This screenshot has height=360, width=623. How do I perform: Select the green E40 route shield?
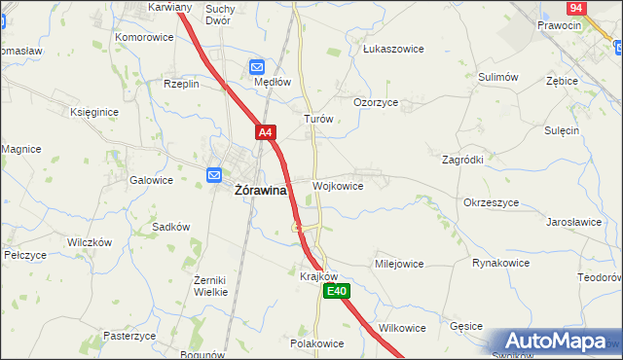tap(337, 291)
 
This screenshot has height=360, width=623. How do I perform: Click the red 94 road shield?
tap(575, 7)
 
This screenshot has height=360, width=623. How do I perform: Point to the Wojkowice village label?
tap(339, 186)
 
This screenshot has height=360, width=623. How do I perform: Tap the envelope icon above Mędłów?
tap(257, 66)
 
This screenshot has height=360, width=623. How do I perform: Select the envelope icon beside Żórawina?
tap(215, 175)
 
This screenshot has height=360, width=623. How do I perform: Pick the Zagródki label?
tap(463, 160)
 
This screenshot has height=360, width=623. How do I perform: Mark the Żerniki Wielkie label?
tap(210, 284)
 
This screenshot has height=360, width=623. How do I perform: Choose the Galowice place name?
tap(151, 180)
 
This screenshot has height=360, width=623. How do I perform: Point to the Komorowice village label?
tap(144, 37)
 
